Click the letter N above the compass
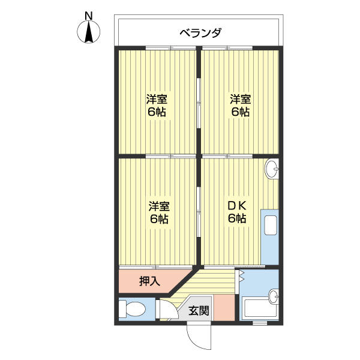89,15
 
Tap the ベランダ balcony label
200,32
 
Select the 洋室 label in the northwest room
157,99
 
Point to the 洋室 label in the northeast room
240,99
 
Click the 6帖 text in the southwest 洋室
159,219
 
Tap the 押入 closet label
149,280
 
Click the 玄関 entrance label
199,311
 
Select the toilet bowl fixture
133,310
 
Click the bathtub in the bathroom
255,310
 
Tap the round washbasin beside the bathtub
274,295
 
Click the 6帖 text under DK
237,218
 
